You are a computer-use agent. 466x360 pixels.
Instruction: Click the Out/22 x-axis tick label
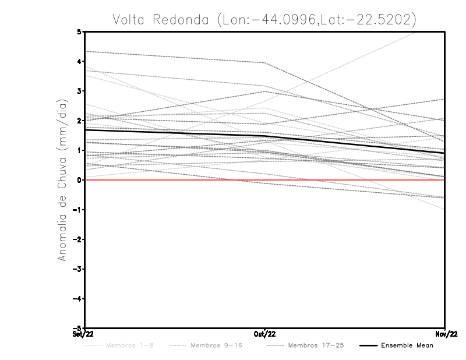[265, 334]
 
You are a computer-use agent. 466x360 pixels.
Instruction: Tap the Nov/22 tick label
[445, 334]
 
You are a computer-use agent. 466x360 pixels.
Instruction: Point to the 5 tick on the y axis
[79, 32]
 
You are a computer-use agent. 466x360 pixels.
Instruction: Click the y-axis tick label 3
[79, 91]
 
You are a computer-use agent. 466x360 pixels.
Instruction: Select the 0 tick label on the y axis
[79, 180]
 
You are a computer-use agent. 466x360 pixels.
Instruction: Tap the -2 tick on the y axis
[77, 239]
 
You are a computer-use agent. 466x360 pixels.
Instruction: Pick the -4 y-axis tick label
[77, 298]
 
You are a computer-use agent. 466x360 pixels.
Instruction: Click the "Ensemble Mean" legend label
[407, 345]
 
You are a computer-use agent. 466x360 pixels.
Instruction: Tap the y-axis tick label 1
[79, 150]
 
